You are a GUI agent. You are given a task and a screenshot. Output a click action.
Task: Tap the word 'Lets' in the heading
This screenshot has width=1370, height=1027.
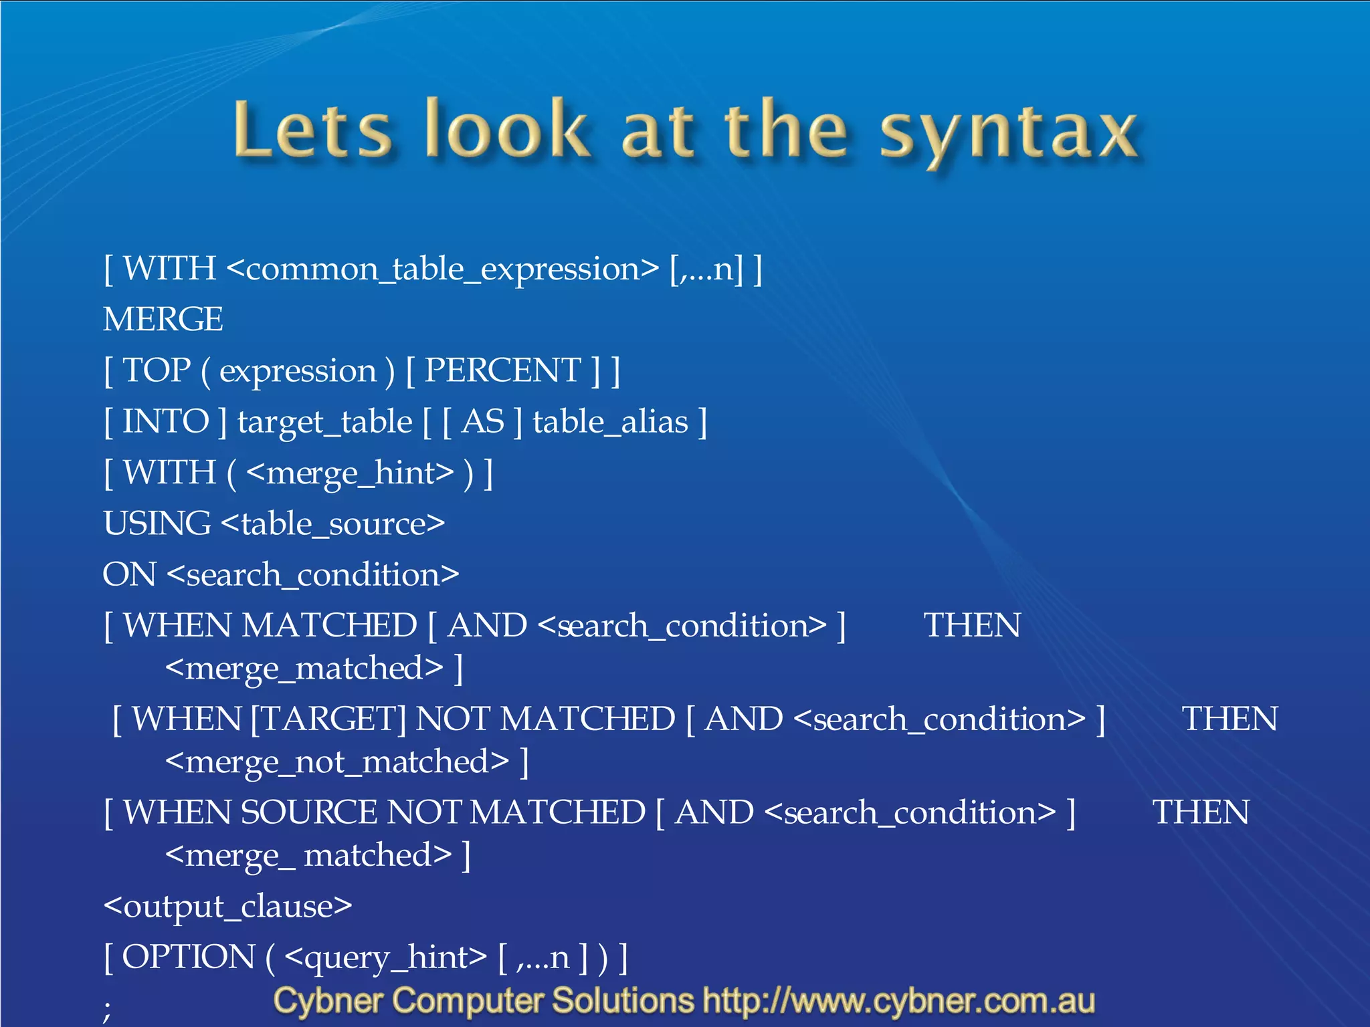pyautogui.click(x=311, y=128)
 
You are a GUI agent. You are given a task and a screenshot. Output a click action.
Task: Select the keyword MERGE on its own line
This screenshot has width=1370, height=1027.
pyautogui.click(x=163, y=320)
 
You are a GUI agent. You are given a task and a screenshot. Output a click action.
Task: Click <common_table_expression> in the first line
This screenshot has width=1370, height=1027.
pyautogui.click(x=443, y=269)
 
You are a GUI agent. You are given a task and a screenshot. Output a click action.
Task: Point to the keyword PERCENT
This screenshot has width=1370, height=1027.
pyautogui.click(x=502, y=370)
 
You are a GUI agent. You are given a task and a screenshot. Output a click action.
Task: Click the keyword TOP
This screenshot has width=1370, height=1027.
pyautogui.click(x=157, y=370)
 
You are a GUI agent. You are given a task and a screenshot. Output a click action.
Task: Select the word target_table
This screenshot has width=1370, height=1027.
pyautogui.click(x=324, y=422)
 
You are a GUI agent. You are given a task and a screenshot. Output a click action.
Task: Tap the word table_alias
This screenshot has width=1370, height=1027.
pyautogui.click(x=610, y=422)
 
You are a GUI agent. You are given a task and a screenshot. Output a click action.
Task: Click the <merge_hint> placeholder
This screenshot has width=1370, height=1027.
pyautogui.click(x=350, y=473)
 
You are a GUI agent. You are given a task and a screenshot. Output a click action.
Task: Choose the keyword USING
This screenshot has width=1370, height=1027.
pyautogui.click(x=157, y=524)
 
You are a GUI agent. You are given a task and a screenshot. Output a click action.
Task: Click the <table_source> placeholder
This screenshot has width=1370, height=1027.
pyautogui.click(x=332, y=524)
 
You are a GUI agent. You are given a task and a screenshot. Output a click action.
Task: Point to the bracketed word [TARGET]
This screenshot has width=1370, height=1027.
pyautogui.click(x=328, y=719)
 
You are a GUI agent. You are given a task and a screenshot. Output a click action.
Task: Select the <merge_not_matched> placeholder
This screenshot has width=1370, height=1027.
pyautogui.click(x=337, y=762)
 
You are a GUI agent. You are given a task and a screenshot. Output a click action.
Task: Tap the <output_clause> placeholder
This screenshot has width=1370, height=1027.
pyautogui.click(x=227, y=907)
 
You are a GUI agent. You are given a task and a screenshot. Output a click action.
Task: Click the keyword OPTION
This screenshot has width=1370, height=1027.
pyautogui.click(x=189, y=957)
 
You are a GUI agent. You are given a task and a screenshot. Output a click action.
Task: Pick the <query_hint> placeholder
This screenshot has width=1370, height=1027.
pyautogui.click(x=385, y=957)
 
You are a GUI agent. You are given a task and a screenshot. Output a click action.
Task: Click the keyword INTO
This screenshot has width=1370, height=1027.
pyautogui.click(x=166, y=422)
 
